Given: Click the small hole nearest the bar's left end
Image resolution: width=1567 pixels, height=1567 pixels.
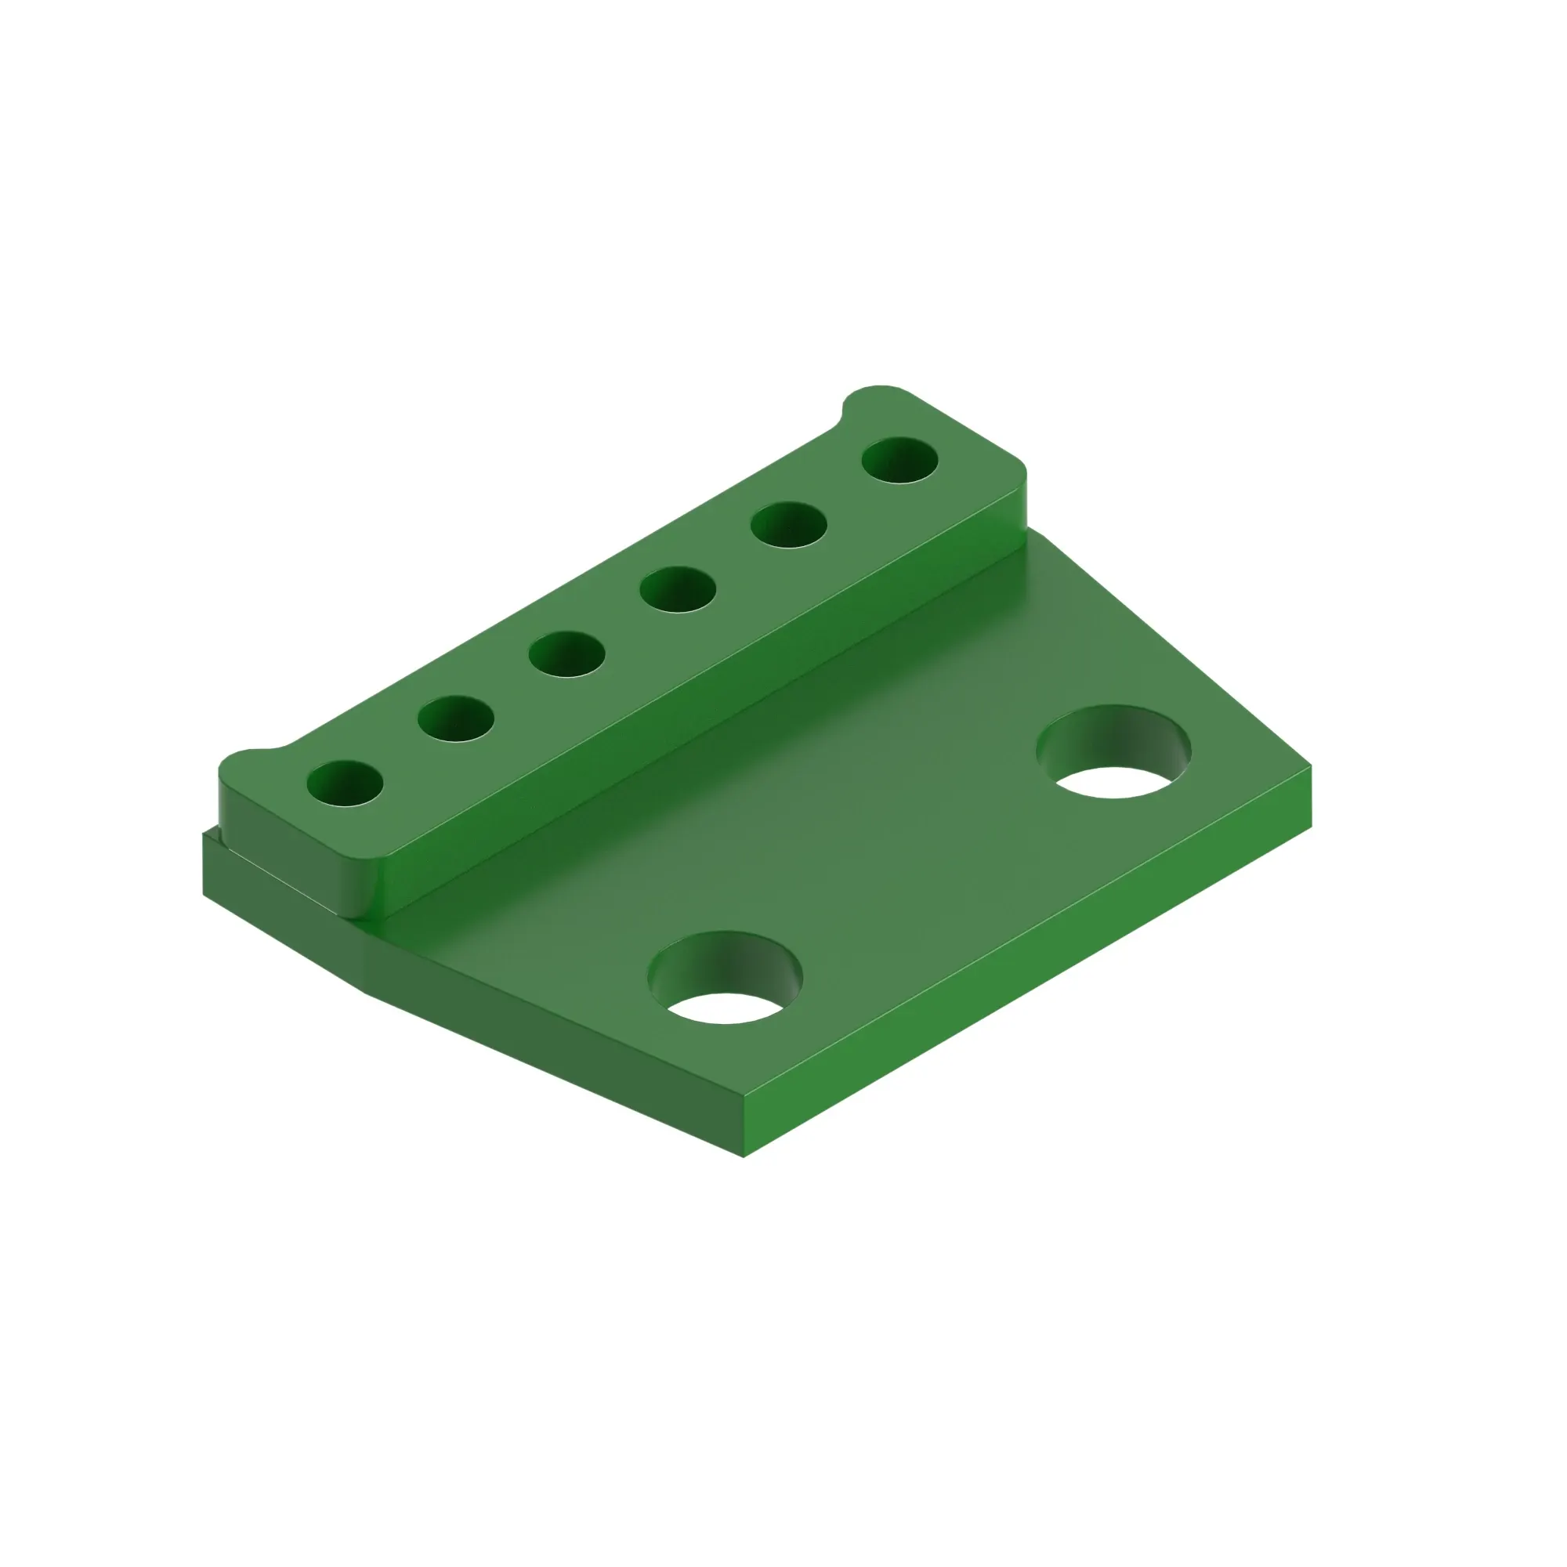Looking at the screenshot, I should (345, 783).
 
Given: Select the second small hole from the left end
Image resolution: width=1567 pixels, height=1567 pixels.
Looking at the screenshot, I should (456, 718).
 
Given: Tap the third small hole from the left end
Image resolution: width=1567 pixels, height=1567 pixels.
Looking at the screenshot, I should (567, 653).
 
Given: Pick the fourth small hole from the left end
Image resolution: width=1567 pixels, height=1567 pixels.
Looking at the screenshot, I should (678, 589).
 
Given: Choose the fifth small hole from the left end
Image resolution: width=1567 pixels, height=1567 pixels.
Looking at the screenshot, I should (788, 525).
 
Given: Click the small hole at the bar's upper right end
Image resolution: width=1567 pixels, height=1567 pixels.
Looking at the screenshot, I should (899, 460).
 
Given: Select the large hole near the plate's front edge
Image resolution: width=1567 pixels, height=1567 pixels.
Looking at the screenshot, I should (725, 977).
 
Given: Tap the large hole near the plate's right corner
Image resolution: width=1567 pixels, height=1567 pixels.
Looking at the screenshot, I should (1113, 751).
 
